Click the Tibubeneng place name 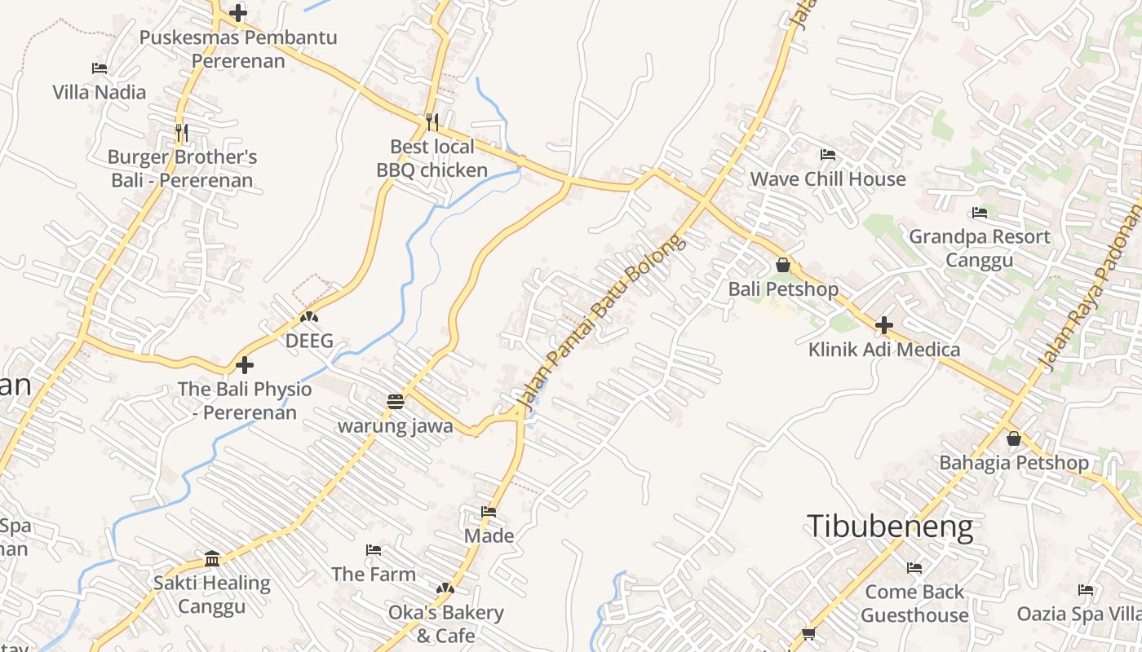click(889, 527)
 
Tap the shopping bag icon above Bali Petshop click(783, 265)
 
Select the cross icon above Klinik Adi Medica click(883, 326)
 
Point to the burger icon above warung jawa click(396, 401)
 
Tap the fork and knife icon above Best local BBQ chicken click(432, 122)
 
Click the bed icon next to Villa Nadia click(100, 68)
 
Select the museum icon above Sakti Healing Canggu click(212, 558)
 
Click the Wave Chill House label click(827, 178)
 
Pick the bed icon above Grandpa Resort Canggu click(980, 213)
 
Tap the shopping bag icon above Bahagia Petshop click(1013, 438)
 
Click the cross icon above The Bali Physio click(244, 365)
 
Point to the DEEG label click(309, 341)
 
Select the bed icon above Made click(489, 512)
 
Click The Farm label click(374, 574)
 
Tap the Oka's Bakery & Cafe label click(445, 623)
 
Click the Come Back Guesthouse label click(914, 603)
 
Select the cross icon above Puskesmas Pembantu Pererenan click(238, 13)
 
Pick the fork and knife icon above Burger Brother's click(182, 132)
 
